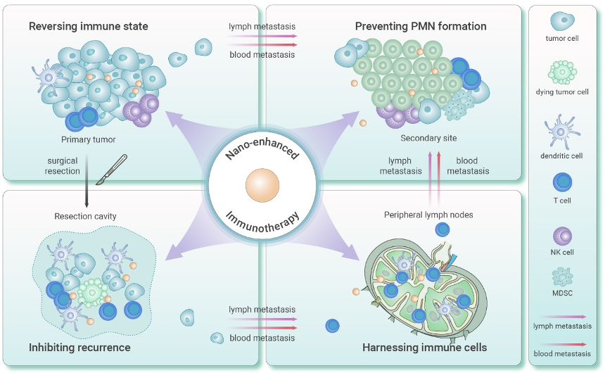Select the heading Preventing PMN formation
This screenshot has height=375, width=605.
coord(421,27)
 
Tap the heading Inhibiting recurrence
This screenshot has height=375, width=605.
coord(79,348)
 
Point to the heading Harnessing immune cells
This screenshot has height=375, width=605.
coord(424,348)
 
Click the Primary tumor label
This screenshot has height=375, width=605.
coord(88,139)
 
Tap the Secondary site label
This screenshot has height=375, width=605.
coord(428,139)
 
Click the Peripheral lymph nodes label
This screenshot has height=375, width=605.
coord(428,214)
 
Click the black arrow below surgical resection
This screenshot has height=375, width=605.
coord(85,190)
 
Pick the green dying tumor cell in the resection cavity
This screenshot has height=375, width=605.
coord(91,290)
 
